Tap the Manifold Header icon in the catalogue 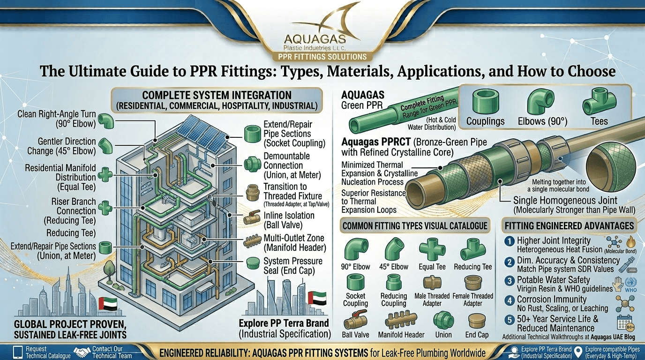click(401, 319)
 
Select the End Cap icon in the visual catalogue click(477, 321)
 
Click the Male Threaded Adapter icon click(432, 283)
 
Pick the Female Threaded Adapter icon click(473, 283)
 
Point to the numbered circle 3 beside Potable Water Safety click(510, 281)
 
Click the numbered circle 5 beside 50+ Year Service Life click(510, 320)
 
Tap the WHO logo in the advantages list click(630, 285)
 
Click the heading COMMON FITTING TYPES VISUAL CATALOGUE click(415, 226)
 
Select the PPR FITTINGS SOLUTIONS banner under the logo click(322, 56)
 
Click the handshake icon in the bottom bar click(82, 352)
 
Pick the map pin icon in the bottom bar click(578, 352)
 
